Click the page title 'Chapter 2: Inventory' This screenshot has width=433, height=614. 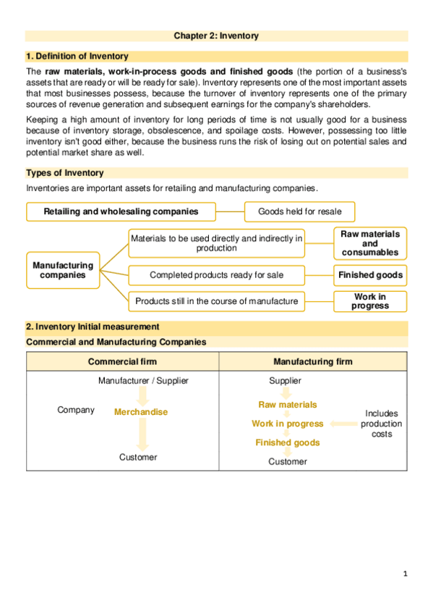pos(216,35)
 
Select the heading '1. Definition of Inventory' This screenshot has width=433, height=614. pos(77,56)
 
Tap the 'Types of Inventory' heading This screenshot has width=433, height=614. pos(64,173)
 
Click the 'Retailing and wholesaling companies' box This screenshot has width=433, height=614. pos(121,211)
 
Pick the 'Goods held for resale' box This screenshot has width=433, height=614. pos(300,211)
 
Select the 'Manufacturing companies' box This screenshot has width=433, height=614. pos(63,271)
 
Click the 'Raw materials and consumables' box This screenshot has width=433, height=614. pos(369,243)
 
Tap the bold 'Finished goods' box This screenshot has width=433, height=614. pos(369,275)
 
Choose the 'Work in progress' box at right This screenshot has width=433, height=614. pos(369,301)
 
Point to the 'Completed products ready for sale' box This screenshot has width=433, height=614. pos(216,275)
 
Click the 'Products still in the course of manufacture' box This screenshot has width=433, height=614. pos(216,301)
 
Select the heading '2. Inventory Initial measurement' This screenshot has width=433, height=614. pos(93,327)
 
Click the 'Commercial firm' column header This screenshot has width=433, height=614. pos(122,361)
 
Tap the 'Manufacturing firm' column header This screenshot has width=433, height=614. pos(312,361)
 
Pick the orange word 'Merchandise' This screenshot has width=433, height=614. pos(140,412)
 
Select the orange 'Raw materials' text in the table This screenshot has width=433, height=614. pos(287,405)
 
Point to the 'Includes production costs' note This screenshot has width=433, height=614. pos(381,424)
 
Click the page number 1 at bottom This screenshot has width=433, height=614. pos(406,574)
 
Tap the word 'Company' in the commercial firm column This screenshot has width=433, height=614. pos(75,410)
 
